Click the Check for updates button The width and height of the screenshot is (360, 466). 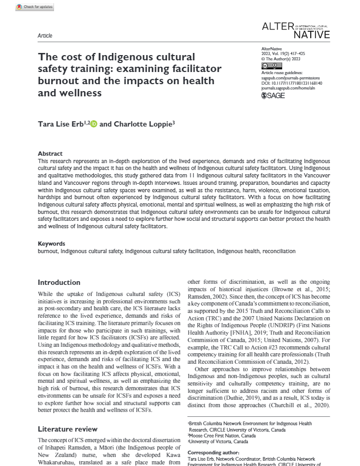[x=35, y=6]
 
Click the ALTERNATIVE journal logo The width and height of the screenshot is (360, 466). [x=296, y=30]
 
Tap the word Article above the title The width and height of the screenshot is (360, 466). [x=45, y=35]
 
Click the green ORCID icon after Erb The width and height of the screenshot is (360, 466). [x=94, y=124]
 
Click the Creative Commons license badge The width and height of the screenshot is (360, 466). [x=268, y=66]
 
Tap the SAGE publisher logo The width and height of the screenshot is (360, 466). [x=274, y=96]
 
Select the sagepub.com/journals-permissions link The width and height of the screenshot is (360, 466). [x=289, y=78]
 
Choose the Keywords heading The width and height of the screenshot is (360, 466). [x=51, y=244]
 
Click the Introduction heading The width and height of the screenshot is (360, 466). [x=59, y=282]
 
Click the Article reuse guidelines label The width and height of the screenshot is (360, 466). [x=283, y=73]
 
